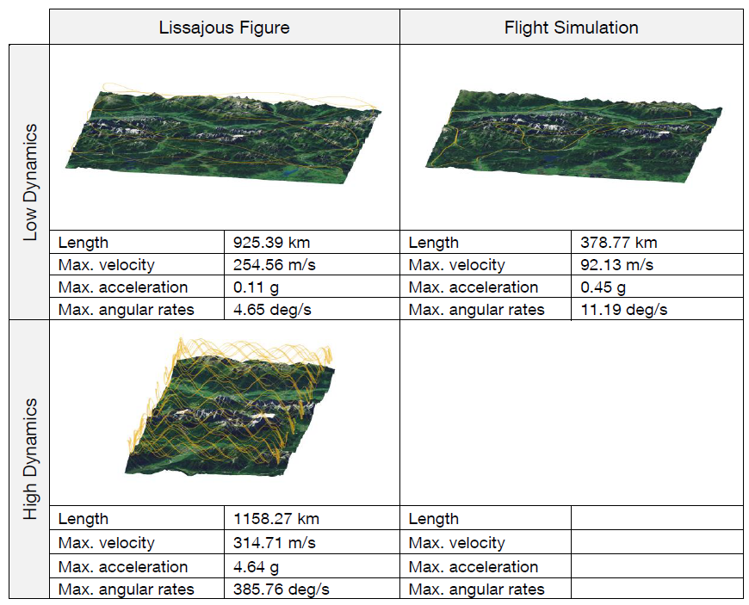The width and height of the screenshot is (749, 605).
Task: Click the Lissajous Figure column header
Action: point(224,28)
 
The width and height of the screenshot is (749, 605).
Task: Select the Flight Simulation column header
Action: point(572,28)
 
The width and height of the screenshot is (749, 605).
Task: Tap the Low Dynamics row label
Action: point(30,182)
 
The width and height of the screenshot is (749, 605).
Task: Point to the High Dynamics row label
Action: point(30,459)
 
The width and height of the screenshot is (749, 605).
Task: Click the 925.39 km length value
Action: point(271,243)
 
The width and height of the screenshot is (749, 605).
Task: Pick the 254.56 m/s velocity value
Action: point(274,264)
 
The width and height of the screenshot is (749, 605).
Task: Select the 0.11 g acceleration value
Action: point(256,287)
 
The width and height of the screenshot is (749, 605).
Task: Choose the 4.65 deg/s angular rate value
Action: point(272,310)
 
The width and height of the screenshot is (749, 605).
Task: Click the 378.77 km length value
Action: point(619,243)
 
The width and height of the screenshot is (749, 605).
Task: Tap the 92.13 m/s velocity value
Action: point(616,264)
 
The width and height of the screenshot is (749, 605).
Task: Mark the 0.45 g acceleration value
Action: point(603,287)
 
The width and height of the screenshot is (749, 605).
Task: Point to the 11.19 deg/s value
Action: point(624,310)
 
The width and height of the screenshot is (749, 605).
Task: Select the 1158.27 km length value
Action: point(276,519)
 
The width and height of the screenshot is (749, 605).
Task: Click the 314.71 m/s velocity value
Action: point(274,542)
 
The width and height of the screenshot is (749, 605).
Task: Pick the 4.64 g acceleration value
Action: point(256,567)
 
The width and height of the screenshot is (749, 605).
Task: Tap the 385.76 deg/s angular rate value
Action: point(282,590)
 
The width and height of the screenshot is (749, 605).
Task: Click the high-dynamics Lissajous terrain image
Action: point(230,407)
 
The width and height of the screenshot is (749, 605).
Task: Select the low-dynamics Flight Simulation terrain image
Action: point(573,136)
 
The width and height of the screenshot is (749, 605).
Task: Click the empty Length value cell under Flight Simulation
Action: point(657,518)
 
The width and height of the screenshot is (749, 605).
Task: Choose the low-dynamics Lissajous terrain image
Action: point(223,133)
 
